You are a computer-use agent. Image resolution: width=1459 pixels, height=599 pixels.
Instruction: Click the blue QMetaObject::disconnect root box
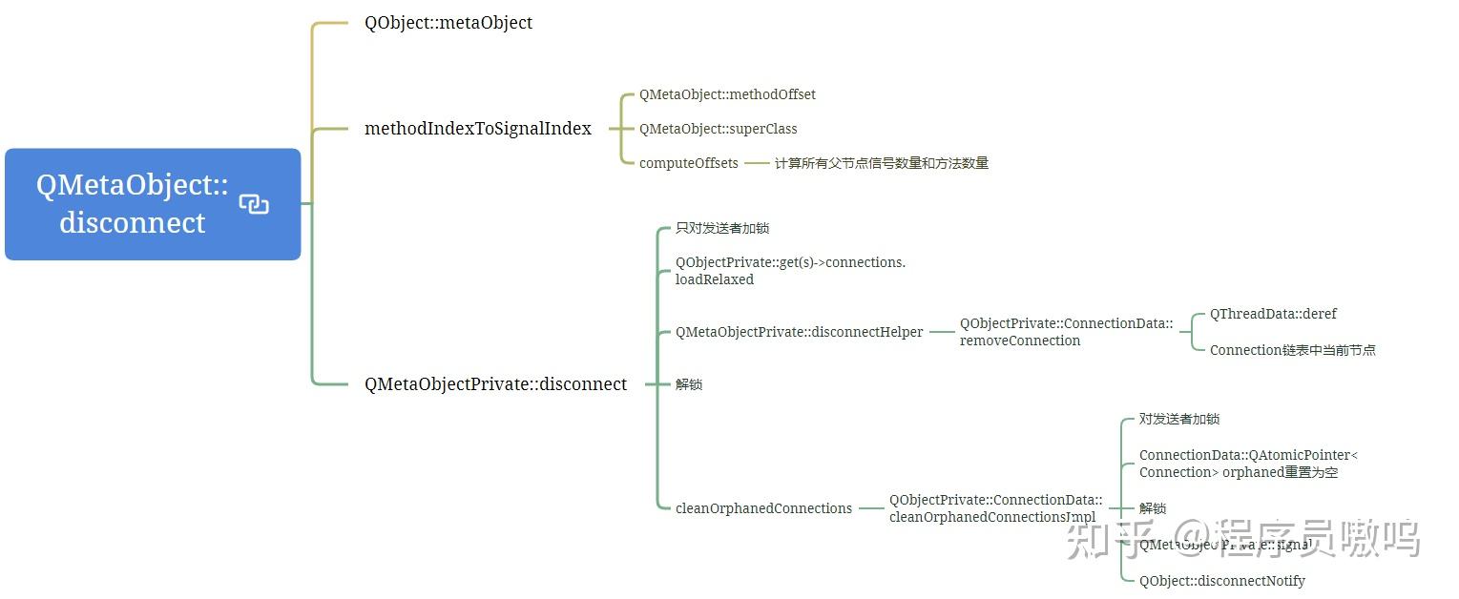click(134, 203)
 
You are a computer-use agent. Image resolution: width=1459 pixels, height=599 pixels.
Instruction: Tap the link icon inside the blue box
click(254, 204)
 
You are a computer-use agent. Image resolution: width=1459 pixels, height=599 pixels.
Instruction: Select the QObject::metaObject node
click(448, 23)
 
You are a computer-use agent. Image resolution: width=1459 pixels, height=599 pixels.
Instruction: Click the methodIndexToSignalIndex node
click(478, 129)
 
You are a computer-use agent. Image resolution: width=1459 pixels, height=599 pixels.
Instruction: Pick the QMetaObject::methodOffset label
click(727, 94)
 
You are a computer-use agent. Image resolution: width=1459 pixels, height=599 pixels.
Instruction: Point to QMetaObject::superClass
click(718, 129)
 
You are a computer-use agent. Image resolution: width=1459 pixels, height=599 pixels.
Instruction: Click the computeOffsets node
click(689, 163)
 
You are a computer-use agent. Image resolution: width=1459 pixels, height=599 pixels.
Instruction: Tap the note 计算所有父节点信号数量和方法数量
click(881, 163)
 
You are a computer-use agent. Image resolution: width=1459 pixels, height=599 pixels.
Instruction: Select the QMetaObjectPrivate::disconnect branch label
click(496, 384)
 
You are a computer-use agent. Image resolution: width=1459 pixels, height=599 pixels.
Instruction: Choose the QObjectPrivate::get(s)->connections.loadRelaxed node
click(790, 271)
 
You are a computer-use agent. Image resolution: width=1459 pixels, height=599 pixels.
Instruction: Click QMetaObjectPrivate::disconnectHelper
click(800, 332)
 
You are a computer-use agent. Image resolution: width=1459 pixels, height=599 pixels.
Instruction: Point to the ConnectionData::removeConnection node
click(1066, 332)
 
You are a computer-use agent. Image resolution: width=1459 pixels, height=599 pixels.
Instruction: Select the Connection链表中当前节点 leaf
click(1292, 350)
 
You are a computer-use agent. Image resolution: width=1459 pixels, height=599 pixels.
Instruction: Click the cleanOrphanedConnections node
click(763, 508)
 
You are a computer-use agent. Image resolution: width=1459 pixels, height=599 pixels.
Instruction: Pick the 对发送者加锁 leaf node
click(1179, 419)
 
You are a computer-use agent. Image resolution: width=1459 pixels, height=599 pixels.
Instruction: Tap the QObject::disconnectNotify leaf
click(1221, 581)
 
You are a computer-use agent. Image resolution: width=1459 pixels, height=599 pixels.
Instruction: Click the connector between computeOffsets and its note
click(757, 163)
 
